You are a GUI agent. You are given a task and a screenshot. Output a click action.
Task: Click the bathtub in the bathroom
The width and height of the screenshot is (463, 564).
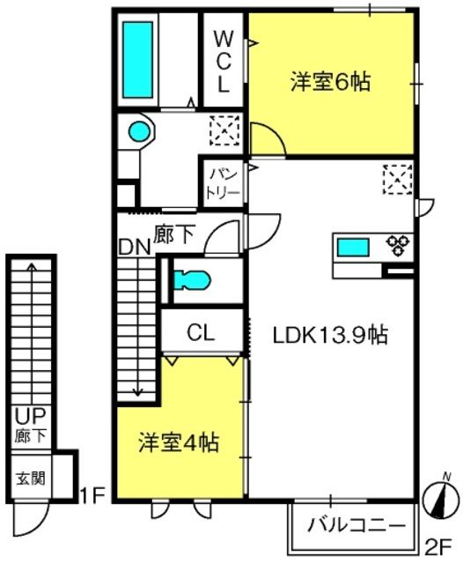[x=137, y=60]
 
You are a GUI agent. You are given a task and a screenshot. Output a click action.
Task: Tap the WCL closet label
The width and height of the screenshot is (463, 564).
[x=224, y=62]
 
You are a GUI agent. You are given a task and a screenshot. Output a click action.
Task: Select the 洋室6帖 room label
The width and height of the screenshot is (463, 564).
[x=330, y=82]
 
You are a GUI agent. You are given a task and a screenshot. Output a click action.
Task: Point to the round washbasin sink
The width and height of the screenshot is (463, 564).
[x=139, y=131]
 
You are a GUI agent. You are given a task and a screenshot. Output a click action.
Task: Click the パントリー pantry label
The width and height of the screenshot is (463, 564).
[x=224, y=183]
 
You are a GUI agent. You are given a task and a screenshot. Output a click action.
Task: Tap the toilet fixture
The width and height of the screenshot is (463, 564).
[x=192, y=280]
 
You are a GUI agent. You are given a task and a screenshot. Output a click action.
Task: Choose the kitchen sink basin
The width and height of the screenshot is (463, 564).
[x=353, y=248]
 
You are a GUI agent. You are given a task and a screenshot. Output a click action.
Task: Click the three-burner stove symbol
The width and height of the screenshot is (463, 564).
[x=398, y=245]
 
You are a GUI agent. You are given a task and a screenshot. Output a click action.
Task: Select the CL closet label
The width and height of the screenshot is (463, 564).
[x=201, y=333]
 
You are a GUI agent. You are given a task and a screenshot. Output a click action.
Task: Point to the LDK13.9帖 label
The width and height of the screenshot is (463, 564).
[x=330, y=335]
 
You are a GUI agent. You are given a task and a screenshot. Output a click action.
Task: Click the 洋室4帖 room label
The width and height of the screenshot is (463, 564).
[x=179, y=442]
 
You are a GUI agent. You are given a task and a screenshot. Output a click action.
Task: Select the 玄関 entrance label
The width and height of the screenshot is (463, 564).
[x=31, y=479]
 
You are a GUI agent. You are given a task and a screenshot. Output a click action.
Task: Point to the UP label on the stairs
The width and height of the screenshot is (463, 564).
[x=30, y=417]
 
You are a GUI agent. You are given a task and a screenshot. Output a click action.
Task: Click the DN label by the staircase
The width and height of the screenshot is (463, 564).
[x=134, y=248]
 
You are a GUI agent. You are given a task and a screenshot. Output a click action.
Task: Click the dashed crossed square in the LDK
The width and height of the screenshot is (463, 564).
[x=397, y=180]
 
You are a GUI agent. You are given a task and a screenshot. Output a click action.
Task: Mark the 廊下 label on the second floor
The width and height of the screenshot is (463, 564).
[x=174, y=234]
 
